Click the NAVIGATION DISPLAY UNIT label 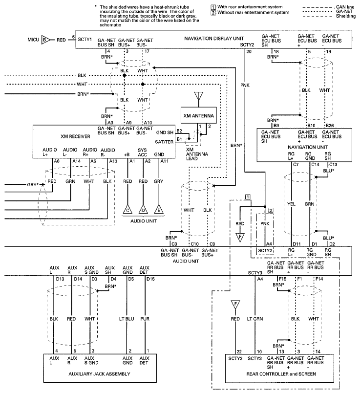coord(214,39)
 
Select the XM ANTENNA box coord(199,115)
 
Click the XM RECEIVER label coord(75,136)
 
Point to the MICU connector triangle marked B coord(46,40)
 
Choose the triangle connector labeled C coord(127,210)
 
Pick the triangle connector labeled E coord(159,210)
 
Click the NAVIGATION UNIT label coord(308,147)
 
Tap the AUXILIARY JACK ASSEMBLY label coord(100,374)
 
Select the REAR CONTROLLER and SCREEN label coord(281,374)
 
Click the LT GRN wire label coord(255,319)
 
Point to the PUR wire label coord(145,319)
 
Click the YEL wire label coord(291,204)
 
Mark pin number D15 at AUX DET coord(150,279)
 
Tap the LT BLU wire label coord(127,319)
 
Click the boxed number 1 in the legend coord(213,7)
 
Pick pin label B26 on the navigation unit coord(330,126)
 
